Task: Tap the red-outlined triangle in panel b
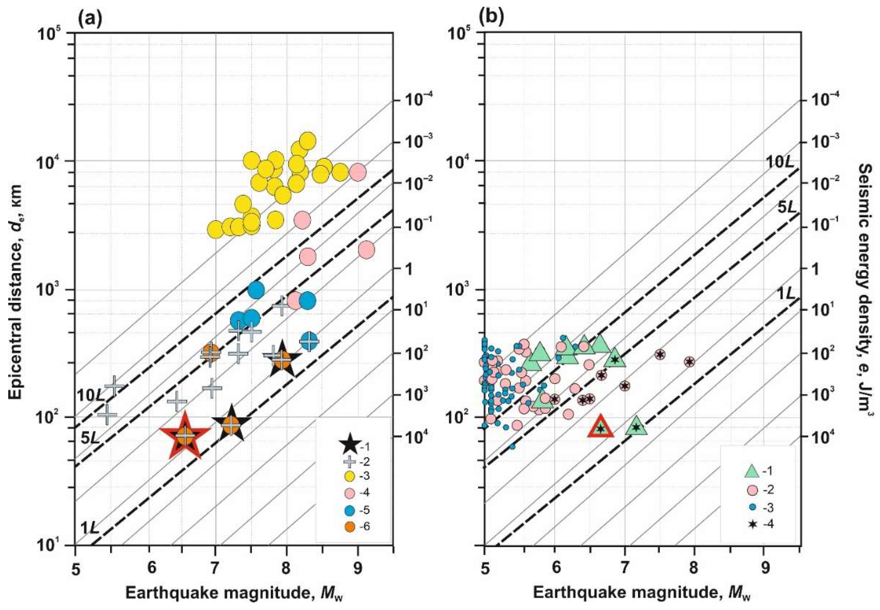pos(601,429)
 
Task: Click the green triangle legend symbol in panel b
pos(752,471)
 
